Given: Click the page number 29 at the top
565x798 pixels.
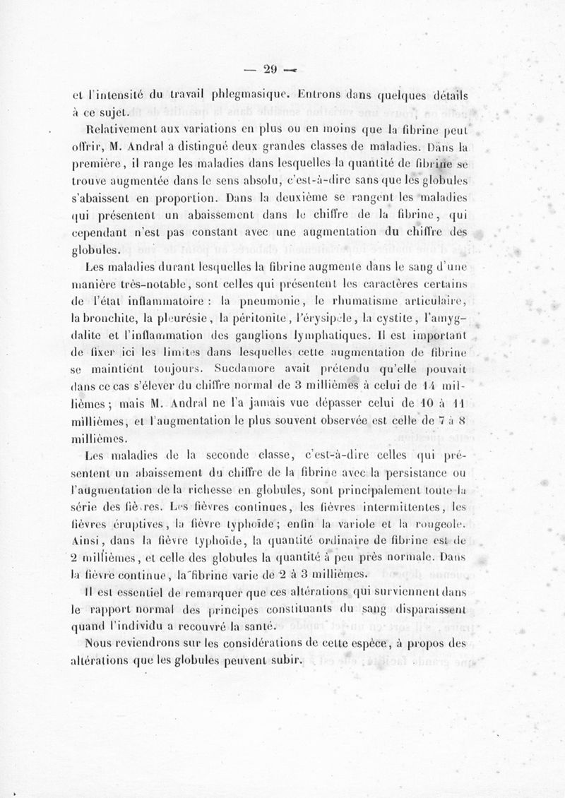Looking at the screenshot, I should pyautogui.click(x=269, y=69).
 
